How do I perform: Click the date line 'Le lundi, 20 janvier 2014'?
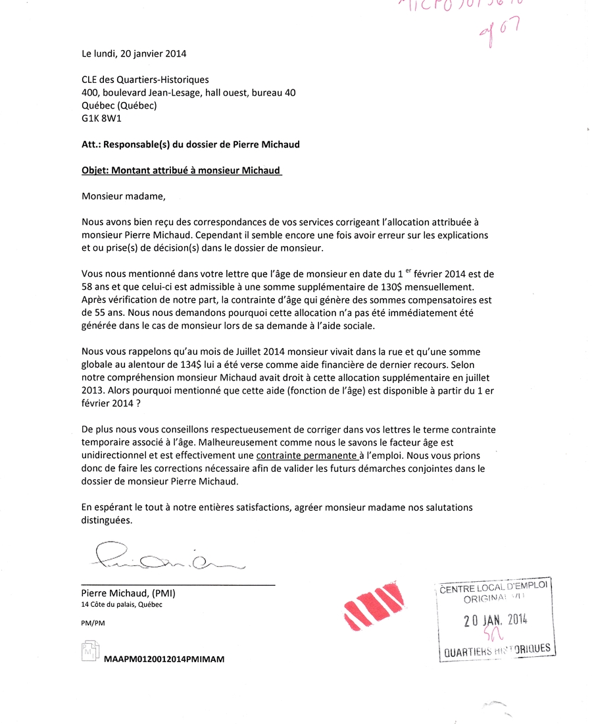[x=134, y=54]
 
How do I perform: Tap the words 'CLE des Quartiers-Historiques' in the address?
[x=145, y=80]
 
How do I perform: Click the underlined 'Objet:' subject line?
[x=181, y=170]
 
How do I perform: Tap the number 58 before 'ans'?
[x=87, y=287]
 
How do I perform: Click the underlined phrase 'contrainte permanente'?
[x=307, y=455]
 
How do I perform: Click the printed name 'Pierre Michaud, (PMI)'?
[x=128, y=593]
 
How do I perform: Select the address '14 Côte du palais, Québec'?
[x=122, y=605]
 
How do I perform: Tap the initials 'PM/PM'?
[x=93, y=623]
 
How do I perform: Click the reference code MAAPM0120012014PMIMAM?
[x=164, y=659]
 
